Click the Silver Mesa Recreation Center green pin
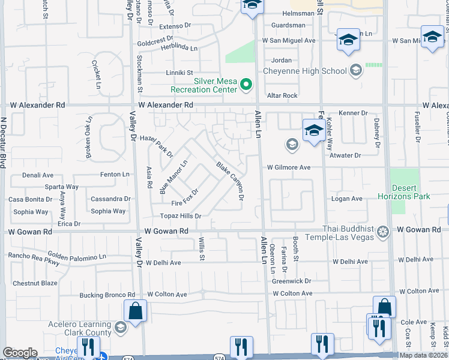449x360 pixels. coord(246,85)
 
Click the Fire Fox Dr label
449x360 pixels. coord(185,197)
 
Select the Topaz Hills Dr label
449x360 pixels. coord(180,215)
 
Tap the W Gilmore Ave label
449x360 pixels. coord(289,167)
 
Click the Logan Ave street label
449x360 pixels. coord(348,199)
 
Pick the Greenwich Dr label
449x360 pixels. coord(292,280)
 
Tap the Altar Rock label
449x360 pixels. coord(282,95)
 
